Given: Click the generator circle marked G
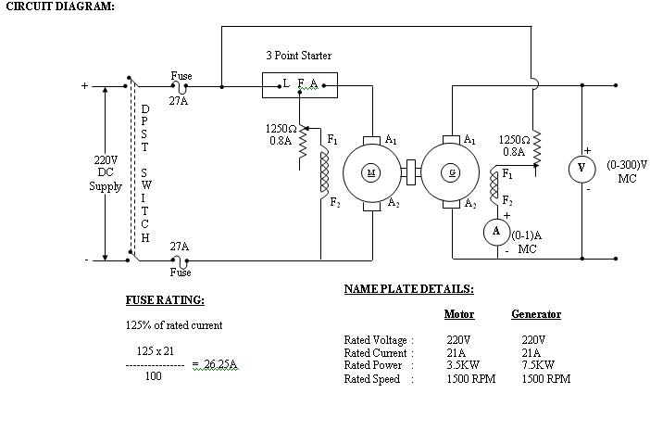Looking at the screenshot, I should click(x=452, y=172).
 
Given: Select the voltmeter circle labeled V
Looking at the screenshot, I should click(x=581, y=168).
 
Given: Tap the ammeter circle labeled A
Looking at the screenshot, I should click(x=496, y=231).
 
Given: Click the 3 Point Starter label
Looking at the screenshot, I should click(x=298, y=56).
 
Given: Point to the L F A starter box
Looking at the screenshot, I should click(x=299, y=86).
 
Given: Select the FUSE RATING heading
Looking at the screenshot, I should click(x=165, y=300).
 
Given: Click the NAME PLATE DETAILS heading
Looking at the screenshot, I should click(x=408, y=289).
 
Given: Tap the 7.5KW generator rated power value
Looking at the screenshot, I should click(x=538, y=364).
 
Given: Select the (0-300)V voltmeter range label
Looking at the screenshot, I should click(x=627, y=171).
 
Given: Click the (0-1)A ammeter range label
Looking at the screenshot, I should click(x=527, y=242).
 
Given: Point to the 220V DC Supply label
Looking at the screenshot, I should click(x=105, y=173).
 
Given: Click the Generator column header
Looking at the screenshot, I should click(x=536, y=314).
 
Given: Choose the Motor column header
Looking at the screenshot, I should click(x=459, y=314).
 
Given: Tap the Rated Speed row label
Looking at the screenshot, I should click(x=372, y=379).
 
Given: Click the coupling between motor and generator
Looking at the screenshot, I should click(x=410, y=172).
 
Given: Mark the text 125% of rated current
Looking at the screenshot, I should click(x=174, y=325).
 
